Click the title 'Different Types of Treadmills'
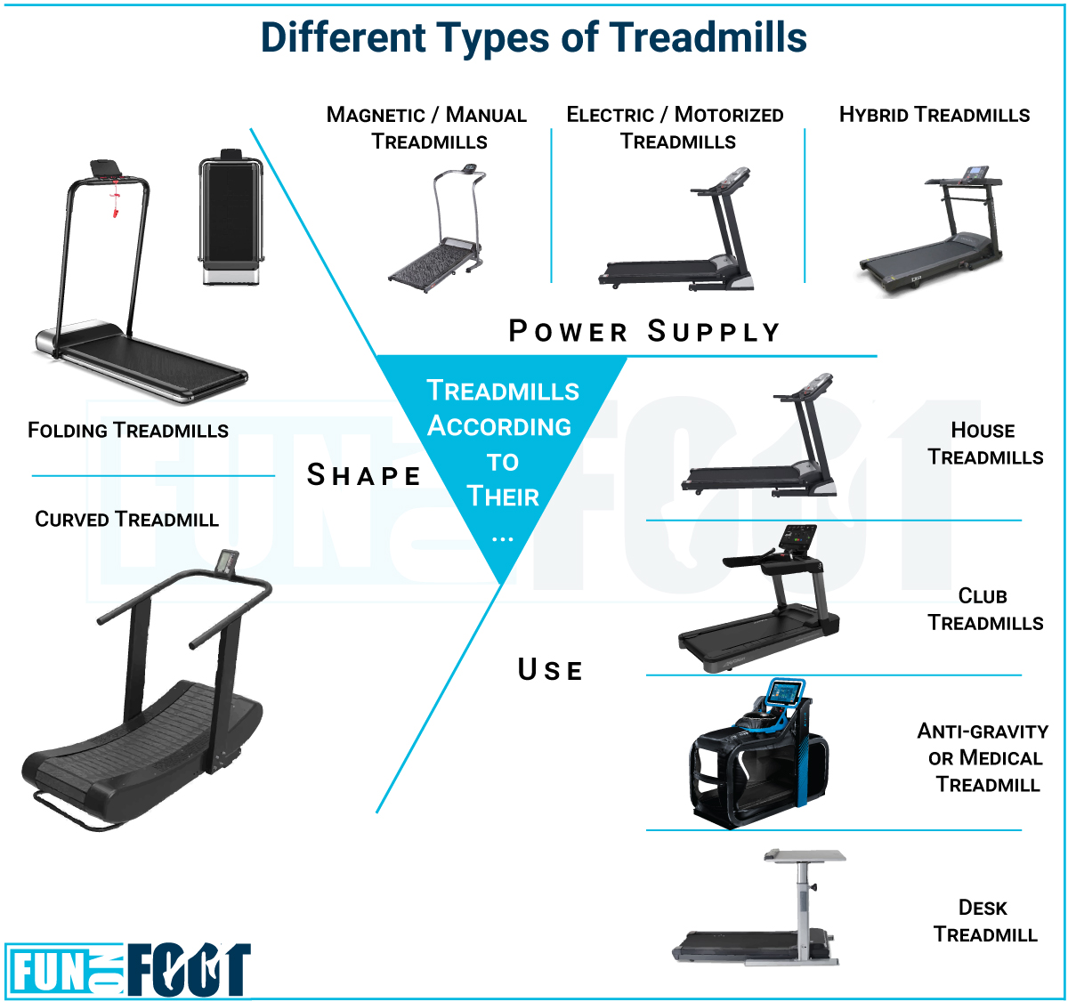coord(533,37)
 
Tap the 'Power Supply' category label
coord(643,331)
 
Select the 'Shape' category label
coord(363,475)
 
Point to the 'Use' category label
coord(550,669)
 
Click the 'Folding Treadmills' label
coord(128,431)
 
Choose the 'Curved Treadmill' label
coord(127,519)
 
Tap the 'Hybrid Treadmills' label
coord(934,115)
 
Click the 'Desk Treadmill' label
coord(984,921)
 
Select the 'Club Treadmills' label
coord(984,610)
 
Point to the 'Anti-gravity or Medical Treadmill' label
coord(983,757)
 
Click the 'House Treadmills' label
coord(984,444)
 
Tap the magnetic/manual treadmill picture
coord(437,228)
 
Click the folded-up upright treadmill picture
coord(231,217)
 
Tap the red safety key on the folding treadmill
coord(115,199)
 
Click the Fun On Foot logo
coord(128,969)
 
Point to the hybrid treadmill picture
coord(931,231)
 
